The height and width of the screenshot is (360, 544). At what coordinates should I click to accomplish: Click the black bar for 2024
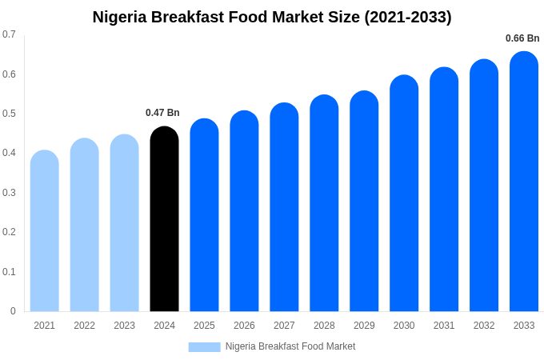coord(164,220)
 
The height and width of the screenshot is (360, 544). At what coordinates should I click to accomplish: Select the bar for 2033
coord(524,182)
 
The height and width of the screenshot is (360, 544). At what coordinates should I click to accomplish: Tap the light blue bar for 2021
coord(45,232)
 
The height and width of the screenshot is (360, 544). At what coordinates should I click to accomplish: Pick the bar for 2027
coord(284,208)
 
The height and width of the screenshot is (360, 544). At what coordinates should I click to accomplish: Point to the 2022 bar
coord(85,226)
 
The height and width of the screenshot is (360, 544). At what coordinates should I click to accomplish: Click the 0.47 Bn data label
coord(162,113)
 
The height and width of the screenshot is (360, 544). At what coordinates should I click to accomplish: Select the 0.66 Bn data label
coord(522,38)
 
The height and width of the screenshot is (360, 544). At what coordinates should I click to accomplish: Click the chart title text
coord(272,17)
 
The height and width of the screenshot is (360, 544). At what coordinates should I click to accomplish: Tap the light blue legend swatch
coord(204,346)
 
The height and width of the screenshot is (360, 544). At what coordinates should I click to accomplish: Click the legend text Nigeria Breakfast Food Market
coord(290,346)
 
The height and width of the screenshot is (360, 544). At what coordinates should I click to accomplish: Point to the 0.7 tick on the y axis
coord(9,34)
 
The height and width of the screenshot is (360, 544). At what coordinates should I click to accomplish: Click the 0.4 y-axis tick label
coord(9,153)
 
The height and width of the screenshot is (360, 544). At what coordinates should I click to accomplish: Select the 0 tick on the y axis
coord(13,311)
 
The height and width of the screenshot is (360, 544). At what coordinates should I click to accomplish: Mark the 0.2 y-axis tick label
coord(9,232)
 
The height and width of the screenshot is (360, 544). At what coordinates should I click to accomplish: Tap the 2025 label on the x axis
coord(204,326)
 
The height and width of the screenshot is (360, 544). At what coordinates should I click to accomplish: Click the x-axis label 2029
coord(364,326)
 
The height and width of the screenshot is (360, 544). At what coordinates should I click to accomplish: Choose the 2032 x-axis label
coord(484,326)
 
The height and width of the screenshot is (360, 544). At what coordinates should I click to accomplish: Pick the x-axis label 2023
coord(124,326)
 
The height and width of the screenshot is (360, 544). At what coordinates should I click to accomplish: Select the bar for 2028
coord(324,204)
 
